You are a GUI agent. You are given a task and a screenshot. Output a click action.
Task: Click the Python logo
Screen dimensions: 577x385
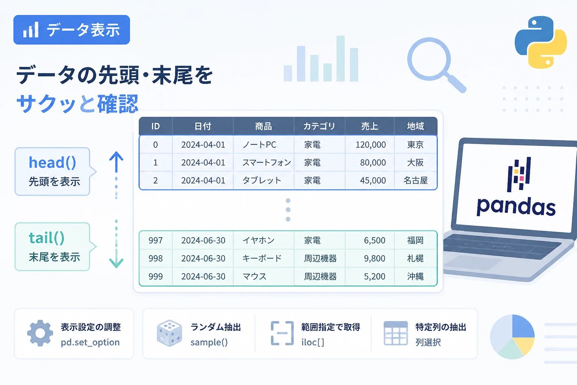point(541,42)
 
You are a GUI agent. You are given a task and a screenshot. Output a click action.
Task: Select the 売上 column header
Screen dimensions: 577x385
point(369,126)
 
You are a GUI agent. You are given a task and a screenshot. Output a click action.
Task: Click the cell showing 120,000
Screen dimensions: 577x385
point(370,145)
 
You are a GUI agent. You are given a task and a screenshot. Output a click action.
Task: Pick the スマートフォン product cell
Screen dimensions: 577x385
point(267,162)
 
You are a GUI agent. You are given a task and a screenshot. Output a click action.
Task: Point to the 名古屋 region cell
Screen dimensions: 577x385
point(415,180)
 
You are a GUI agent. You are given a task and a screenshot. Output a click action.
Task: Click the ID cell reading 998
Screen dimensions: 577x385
point(156,258)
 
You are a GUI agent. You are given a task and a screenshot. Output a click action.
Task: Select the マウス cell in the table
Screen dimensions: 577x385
point(254,276)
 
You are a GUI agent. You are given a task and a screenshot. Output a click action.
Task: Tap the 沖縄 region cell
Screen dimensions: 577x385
point(415,276)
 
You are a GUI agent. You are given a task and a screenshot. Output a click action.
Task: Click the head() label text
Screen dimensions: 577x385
point(52,162)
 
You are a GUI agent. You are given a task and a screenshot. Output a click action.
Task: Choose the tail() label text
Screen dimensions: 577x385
point(46,238)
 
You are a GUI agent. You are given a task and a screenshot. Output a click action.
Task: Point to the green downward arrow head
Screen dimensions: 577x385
point(116,263)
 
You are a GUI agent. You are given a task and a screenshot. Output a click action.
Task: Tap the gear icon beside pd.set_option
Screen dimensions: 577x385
point(40,333)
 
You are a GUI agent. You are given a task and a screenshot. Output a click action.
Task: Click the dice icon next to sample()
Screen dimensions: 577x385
point(169,333)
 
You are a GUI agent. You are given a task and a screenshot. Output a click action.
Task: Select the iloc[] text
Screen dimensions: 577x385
point(313,342)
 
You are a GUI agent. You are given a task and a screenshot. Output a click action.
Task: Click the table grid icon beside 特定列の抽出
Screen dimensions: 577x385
point(396,333)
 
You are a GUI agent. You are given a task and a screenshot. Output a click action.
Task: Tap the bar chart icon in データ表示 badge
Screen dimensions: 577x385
point(31,30)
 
